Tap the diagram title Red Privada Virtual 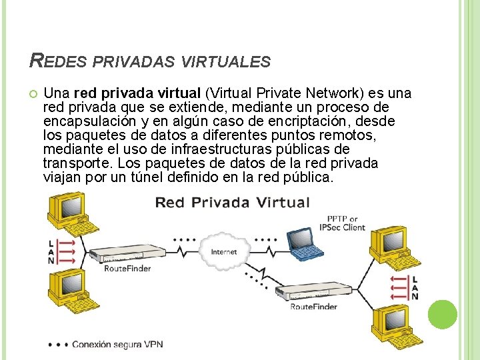pyautogui.click(x=232, y=203)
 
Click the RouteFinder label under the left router pyautogui.click(x=127, y=269)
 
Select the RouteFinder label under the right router pyautogui.click(x=313, y=307)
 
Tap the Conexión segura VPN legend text pyautogui.click(x=117, y=345)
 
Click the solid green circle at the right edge pyautogui.click(x=443, y=314)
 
